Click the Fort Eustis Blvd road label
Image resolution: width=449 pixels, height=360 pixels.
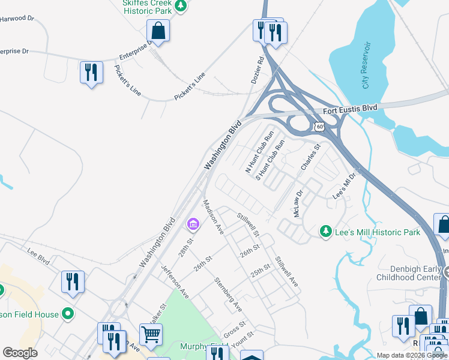350,109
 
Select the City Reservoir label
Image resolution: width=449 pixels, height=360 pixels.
367,65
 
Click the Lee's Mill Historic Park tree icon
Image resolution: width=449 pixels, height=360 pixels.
325,231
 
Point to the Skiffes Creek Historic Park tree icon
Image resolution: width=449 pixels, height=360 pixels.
180,7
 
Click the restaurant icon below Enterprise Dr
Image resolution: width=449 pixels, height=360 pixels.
91,73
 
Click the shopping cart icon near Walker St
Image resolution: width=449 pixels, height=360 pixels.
151,335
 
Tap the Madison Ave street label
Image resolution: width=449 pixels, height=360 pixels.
212,217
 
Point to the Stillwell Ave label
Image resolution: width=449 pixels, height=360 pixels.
286,271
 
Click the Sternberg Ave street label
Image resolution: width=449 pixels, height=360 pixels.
229,294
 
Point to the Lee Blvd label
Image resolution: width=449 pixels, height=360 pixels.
38,257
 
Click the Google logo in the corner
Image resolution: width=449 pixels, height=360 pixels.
20,353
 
